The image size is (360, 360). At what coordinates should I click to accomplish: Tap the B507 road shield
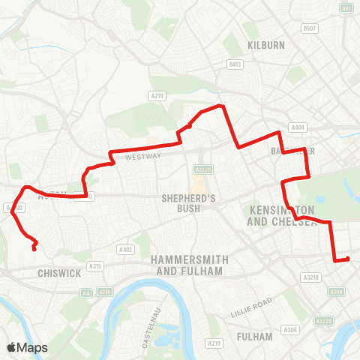(310, 28)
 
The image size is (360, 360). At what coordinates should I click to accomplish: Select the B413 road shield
(235, 65)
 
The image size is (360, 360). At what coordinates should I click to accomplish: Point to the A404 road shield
(298, 127)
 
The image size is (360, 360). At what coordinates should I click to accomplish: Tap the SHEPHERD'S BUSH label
(189, 203)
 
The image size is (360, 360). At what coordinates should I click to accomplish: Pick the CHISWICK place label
(58, 274)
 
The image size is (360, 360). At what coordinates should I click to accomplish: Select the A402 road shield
(125, 250)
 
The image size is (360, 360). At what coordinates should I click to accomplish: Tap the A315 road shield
(95, 266)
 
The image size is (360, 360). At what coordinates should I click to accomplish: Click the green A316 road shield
(104, 292)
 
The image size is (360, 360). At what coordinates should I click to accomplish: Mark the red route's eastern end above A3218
(348, 259)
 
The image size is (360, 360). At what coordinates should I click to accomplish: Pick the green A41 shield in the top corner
(346, 8)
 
